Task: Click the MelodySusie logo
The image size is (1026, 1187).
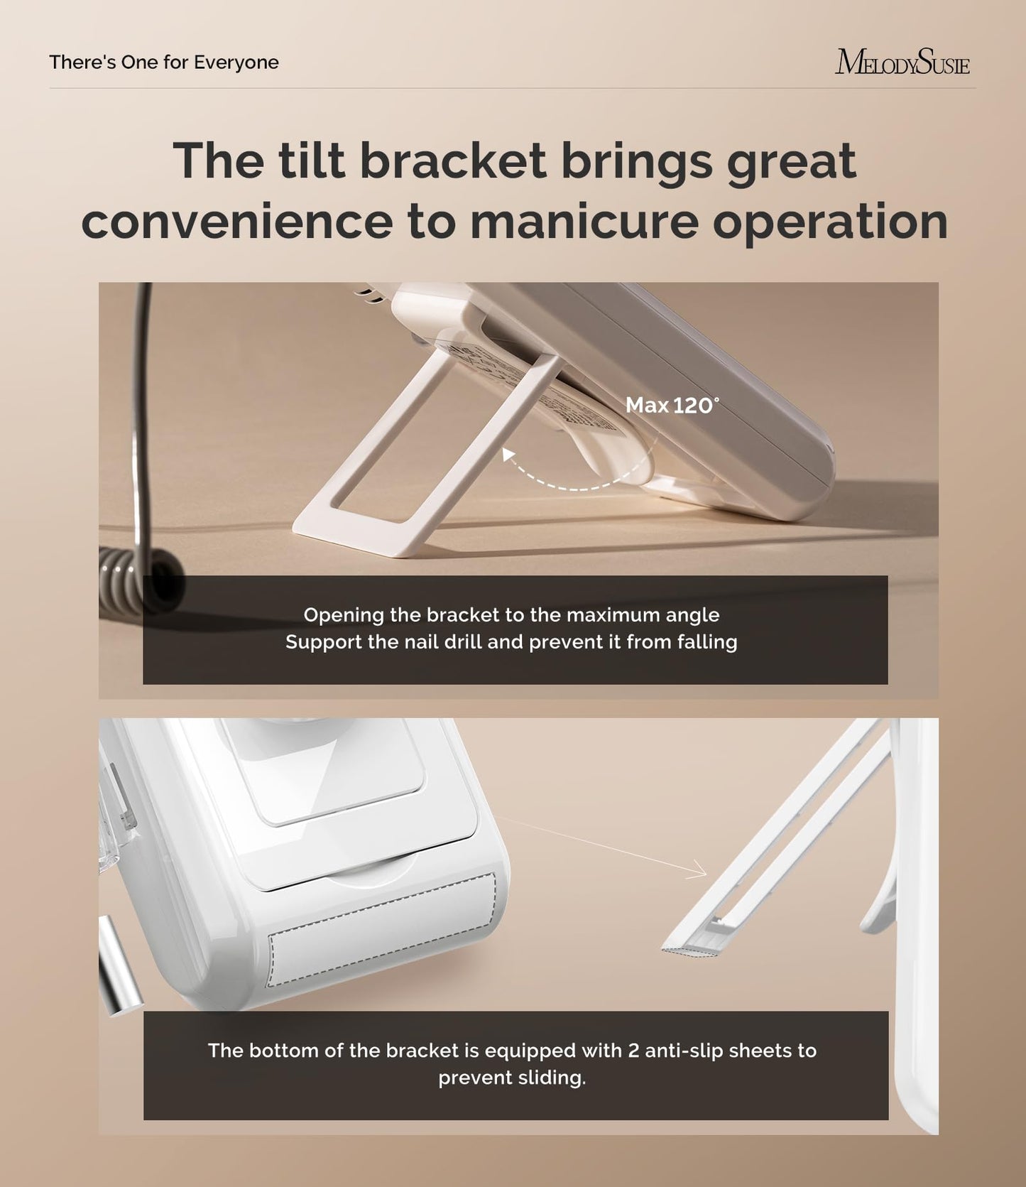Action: pos(902,63)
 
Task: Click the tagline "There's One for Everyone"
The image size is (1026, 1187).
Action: pos(164,63)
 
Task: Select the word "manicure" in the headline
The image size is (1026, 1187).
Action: pos(584,222)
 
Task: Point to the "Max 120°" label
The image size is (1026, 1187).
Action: pos(672,406)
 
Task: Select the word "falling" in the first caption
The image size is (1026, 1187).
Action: pos(706,642)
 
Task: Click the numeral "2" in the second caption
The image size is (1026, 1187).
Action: pos(633,1051)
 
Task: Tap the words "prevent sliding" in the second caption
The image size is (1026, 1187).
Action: pos(512,1078)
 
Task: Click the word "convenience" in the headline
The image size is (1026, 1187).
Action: pos(237,222)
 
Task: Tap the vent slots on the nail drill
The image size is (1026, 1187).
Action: pos(369,295)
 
